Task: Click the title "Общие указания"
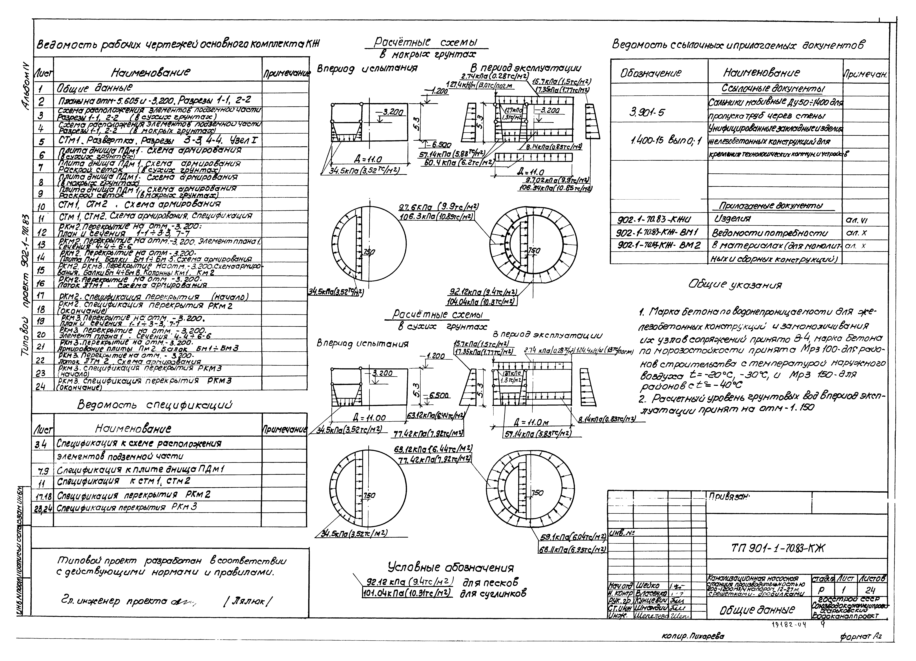click(735, 285)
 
